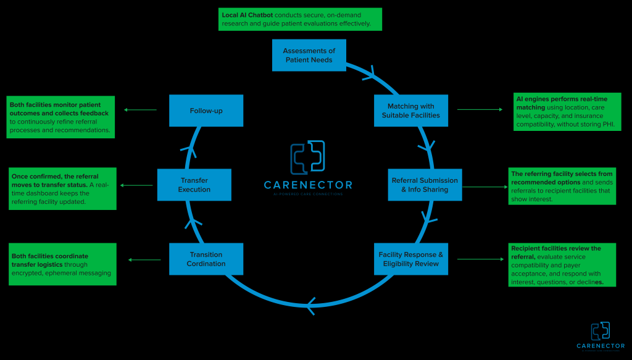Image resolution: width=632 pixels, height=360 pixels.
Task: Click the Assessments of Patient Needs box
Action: pos(309,55)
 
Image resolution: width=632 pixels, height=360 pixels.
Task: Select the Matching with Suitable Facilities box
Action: pos(410,111)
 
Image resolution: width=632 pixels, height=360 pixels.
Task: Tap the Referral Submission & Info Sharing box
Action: pos(425,185)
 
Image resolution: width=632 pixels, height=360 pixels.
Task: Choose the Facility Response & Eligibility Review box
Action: pos(410,259)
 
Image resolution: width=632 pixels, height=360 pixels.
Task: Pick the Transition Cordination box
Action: pos(206,259)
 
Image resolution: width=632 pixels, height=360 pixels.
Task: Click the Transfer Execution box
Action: pos(194,185)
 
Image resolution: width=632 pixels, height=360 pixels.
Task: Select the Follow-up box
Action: pos(206,111)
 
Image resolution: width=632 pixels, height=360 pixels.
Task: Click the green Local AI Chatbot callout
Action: pos(300,19)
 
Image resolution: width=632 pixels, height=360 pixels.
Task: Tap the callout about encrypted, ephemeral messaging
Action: pos(63,264)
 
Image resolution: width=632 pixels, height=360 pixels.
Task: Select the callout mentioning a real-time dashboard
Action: pos(62,188)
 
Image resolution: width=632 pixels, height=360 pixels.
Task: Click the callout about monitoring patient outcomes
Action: pos(61,116)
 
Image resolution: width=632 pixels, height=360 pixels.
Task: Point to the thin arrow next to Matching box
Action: pos(480,110)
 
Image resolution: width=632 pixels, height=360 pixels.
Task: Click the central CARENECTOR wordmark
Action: pos(308,185)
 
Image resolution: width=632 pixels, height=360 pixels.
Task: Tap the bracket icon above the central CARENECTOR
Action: pos(308,157)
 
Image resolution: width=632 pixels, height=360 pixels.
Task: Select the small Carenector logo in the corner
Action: pos(601,337)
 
